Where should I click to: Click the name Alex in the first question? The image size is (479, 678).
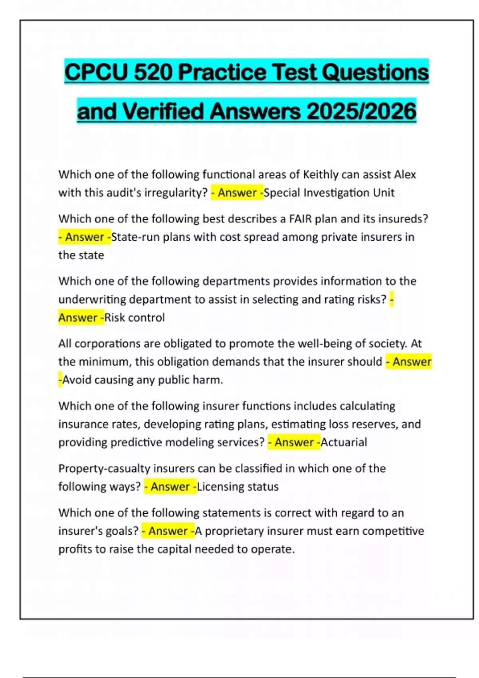pos(405,174)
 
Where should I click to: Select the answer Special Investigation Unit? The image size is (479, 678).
pos(329,193)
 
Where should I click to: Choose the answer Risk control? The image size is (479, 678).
pos(135,317)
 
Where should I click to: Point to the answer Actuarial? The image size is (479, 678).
pos(344,442)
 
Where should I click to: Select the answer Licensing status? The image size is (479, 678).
pos(238,487)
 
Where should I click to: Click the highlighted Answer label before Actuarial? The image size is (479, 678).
pos(294,442)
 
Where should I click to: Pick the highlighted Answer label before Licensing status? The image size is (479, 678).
pos(170,487)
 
